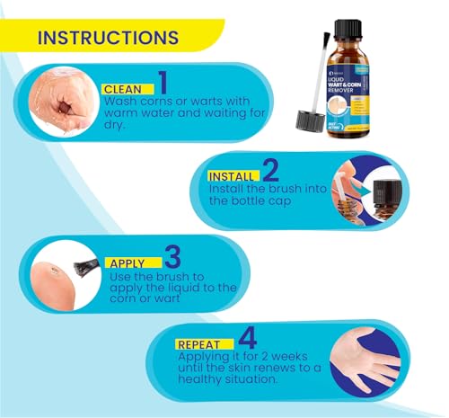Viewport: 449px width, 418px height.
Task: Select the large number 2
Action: pyautogui.click(x=272, y=170)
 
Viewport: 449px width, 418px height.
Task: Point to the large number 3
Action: pyautogui.click(x=172, y=257)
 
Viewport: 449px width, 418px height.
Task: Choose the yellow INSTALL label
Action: pyautogui.click(x=231, y=176)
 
